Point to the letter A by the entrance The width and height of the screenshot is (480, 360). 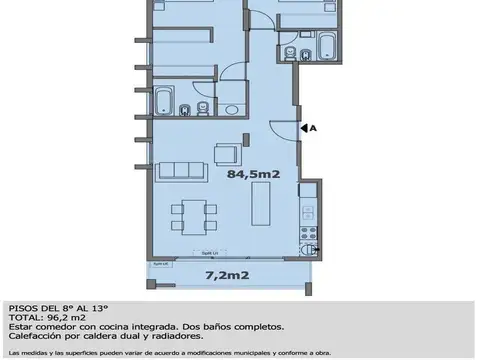(313, 128)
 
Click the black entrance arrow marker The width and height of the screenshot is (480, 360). (304, 128)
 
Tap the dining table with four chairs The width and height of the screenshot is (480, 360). (189, 213)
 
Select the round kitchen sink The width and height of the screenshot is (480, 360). (314, 251)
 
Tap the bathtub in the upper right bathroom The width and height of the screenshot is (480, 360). (325, 44)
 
